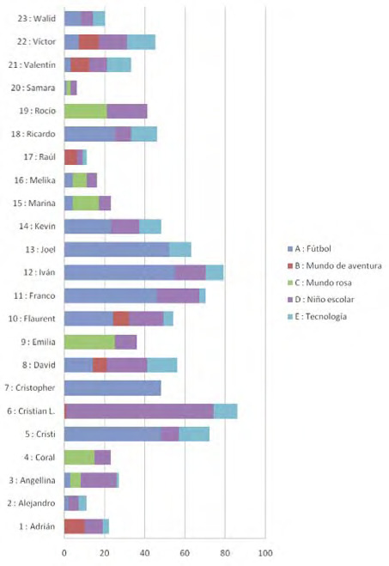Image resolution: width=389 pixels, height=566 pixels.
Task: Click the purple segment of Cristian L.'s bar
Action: [140, 411]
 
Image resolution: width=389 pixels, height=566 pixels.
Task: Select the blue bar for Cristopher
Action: [112, 388]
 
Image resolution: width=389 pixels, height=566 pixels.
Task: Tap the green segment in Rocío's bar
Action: [86, 111]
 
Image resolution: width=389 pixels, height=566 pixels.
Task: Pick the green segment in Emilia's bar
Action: [89, 342]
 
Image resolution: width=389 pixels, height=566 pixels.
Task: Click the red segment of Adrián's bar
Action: [75, 526]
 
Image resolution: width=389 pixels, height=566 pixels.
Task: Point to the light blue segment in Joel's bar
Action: [180, 249]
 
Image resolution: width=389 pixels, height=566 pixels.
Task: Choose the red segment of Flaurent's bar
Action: [121, 319]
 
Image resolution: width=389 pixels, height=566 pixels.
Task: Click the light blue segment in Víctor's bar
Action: [141, 42]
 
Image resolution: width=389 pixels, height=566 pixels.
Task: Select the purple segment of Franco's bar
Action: [178, 295]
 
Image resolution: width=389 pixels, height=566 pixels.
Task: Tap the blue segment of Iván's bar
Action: [120, 272]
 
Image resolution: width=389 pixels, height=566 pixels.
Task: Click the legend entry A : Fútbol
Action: [309, 249]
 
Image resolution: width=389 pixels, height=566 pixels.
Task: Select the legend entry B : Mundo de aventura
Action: [335, 265]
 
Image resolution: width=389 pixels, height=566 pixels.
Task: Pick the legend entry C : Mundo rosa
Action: [319, 283]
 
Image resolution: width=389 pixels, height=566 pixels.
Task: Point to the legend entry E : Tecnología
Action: [317, 317]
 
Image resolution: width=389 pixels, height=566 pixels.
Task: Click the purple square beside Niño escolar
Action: [289, 300]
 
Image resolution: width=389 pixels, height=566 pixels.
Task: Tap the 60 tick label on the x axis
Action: [185, 552]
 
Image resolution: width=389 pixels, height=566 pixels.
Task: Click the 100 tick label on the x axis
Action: [265, 552]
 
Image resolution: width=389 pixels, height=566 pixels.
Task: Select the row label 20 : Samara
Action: [33, 88]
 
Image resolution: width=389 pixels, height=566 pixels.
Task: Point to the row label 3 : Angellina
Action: [32, 480]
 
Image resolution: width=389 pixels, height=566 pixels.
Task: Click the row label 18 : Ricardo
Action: [33, 134]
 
